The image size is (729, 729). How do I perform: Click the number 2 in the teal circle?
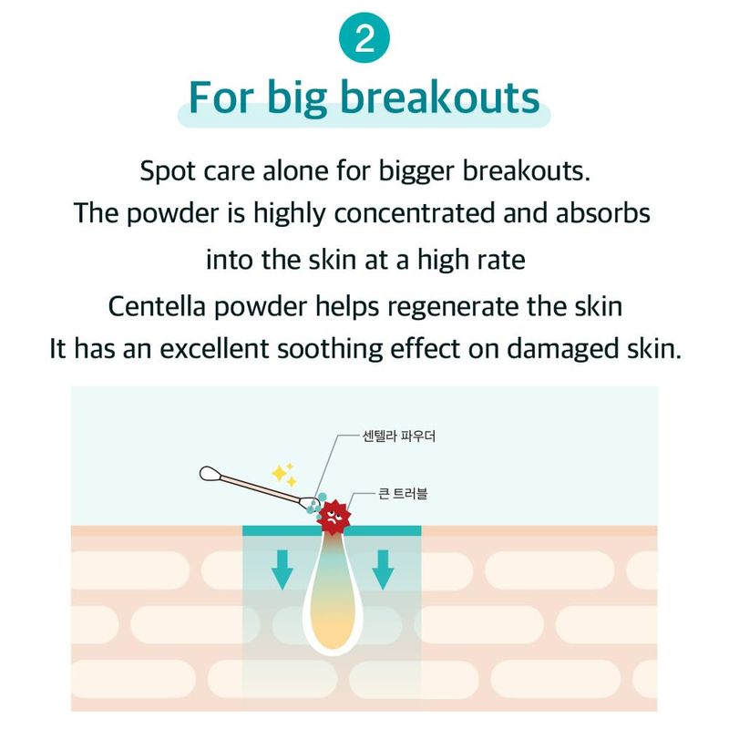(x=364, y=39)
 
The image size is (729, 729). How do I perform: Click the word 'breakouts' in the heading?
(x=440, y=98)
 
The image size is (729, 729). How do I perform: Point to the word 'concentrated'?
(x=415, y=213)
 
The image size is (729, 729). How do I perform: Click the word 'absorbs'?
(x=602, y=213)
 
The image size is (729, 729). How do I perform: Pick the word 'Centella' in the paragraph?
(x=157, y=307)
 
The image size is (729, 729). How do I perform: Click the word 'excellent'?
(x=214, y=349)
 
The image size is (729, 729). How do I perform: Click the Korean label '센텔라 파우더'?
(x=399, y=436)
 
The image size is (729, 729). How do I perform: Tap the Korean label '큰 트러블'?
(x=403, y=494)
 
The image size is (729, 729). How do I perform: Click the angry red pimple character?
(x=334, y=516)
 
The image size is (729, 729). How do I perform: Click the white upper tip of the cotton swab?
(x=210, y=474)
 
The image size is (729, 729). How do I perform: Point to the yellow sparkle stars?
(x=284, y=474)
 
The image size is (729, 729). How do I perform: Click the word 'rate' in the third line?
(x=505, y=261)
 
